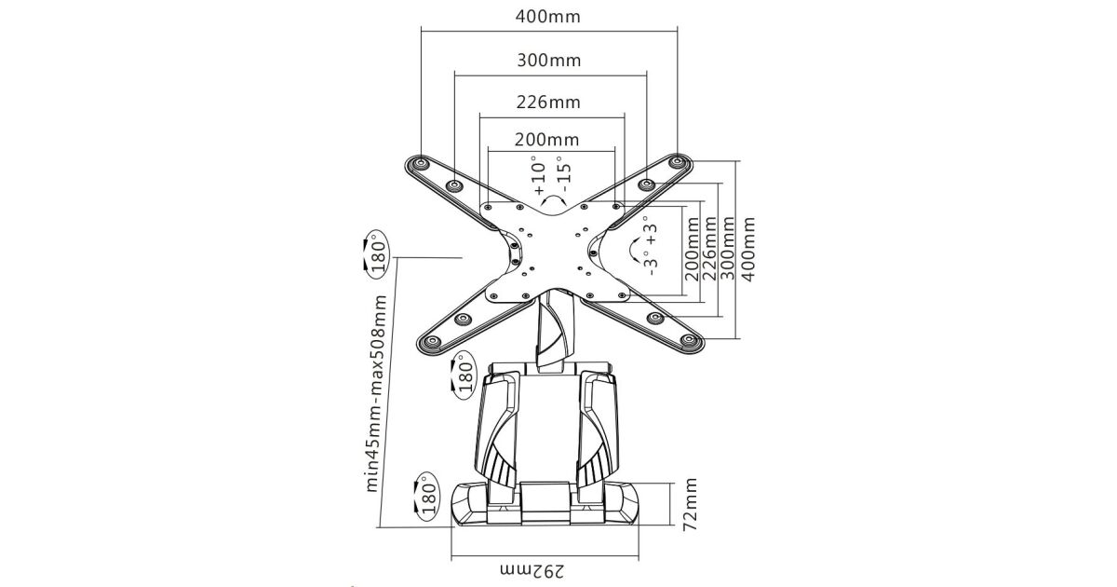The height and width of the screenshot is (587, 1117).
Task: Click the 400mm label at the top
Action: (549, 18)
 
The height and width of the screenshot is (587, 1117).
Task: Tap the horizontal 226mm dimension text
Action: (548, 102)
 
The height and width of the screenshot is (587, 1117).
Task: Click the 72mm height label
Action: (690, 504)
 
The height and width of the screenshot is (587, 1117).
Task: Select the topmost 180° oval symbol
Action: (376, 254)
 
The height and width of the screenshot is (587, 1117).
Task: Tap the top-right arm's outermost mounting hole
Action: (678, 163)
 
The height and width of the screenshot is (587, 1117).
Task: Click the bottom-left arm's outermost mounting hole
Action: (430, 341)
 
